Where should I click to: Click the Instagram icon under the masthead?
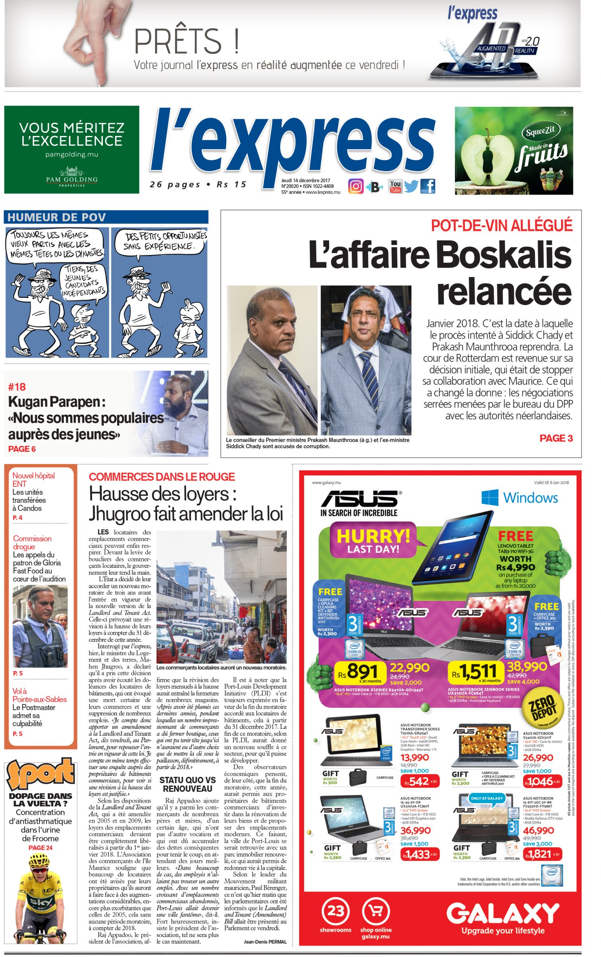(356, 186)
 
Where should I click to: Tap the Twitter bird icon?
(411, 186)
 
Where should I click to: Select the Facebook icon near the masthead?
(428, 186)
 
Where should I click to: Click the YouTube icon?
(395, 186)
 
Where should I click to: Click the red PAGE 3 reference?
(556, 438)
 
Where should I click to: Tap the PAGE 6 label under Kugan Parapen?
(22, 449)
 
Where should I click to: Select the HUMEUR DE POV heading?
(57, 217)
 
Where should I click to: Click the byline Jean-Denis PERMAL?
(265, 942)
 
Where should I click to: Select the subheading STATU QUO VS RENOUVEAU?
(187, 784)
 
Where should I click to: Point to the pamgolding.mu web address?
(72, 154)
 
